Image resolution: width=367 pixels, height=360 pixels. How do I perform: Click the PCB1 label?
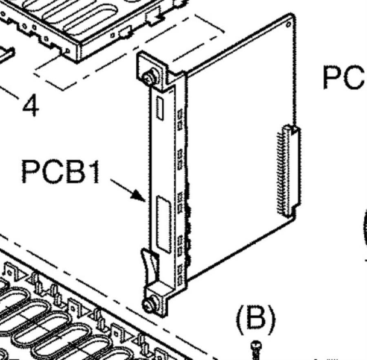pos(61,171)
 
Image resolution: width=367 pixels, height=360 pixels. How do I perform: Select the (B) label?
pos(256,318)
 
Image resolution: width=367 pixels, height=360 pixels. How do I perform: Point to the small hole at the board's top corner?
pos(289,25)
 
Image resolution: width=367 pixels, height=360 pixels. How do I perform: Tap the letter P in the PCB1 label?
pos(29,171)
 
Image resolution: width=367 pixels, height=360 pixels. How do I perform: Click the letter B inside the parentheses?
pos(256,318)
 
